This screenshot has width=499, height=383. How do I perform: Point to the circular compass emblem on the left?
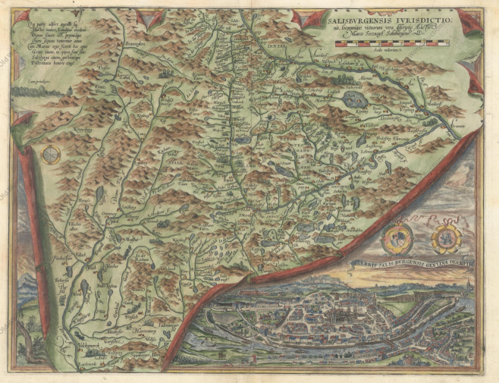pyautogui.click(x=52, y=155)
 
